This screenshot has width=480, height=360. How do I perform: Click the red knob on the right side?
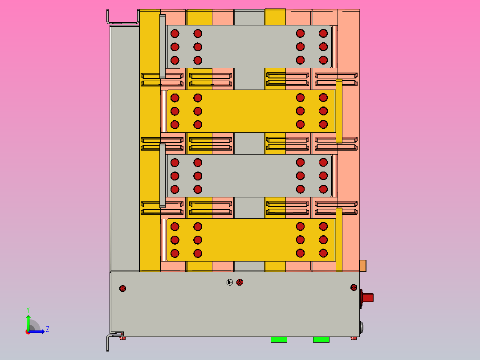(367, 297)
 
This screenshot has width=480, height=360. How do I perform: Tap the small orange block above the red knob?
(362, 266)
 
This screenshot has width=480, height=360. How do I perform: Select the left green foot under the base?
(279, 340)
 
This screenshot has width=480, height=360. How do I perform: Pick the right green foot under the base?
(321, 340)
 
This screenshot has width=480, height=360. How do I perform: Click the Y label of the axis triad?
(28, 309)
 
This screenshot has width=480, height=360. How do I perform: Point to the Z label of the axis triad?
(47, 329)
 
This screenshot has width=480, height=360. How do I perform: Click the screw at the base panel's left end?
(123, 288)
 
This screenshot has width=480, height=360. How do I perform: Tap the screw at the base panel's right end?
(354, 287)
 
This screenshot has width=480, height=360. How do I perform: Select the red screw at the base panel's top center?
(240, 282)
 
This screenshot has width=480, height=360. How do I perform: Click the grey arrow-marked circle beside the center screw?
(230, 282)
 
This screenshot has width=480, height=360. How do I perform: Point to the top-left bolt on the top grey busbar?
(175, 33)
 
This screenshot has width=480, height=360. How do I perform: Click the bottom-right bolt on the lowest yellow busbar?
(323, 253)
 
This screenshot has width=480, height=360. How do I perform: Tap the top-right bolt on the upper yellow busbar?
(323, 98)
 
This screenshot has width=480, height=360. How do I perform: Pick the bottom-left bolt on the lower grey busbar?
(175, 189)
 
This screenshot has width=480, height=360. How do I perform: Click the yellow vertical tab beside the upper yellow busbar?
(339, 110)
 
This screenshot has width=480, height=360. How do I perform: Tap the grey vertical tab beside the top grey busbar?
(162, 46)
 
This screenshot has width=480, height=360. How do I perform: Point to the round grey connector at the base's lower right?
(362, 328)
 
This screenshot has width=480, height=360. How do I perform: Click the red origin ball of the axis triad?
(28, 331)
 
